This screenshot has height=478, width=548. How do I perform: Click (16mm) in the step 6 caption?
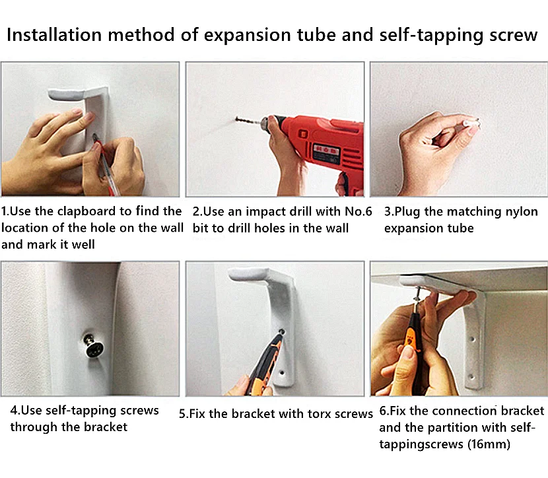489,444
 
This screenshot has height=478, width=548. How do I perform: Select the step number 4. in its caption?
15,410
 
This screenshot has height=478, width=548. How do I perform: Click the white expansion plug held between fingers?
471,123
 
